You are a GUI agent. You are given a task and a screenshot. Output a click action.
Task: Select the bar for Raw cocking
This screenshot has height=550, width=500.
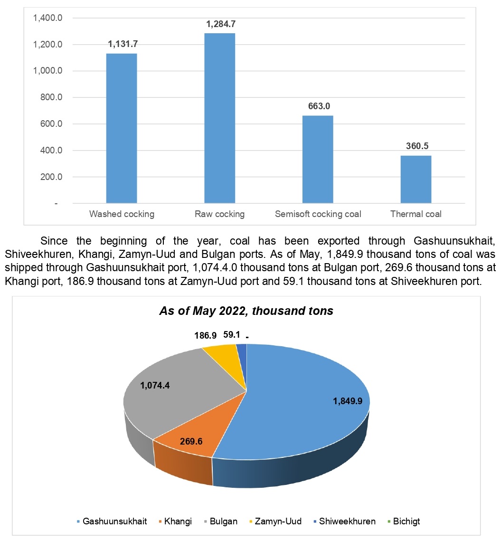219,119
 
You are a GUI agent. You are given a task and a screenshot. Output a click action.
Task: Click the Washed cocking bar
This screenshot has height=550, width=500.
121,128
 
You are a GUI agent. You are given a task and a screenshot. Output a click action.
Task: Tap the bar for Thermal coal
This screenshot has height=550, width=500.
416,180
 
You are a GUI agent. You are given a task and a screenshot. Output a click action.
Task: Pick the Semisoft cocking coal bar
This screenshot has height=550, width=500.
318,159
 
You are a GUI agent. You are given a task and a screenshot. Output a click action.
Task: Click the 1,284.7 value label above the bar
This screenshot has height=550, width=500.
219,23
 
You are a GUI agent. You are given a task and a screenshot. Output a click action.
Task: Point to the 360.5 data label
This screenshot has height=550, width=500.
417,146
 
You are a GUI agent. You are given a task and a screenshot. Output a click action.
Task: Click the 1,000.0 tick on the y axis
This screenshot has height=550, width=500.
47,71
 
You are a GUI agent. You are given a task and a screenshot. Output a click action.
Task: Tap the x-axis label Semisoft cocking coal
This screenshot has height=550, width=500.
318,214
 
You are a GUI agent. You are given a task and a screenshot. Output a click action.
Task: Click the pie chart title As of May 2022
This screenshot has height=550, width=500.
246,311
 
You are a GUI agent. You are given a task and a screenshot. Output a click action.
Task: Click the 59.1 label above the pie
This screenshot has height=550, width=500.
231,335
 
